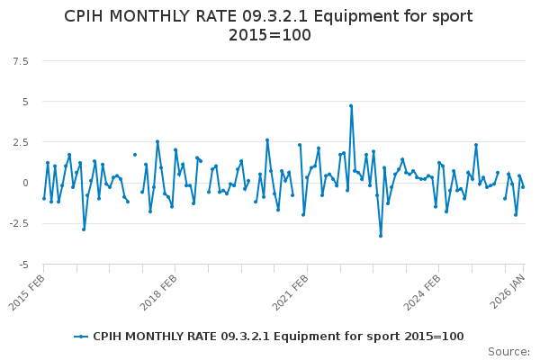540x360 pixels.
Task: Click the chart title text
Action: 269,25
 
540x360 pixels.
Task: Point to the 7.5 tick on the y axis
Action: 20,60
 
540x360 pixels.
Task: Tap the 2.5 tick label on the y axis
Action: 20,142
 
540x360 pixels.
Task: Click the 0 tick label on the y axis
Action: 25,183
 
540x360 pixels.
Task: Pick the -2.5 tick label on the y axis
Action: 18,224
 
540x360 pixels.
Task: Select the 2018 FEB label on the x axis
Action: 157,290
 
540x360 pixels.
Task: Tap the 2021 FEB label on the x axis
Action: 290,290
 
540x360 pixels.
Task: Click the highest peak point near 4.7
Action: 351,106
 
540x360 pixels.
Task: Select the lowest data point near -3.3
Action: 381,236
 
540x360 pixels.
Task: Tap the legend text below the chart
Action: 278,337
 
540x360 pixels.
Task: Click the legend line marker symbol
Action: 82,337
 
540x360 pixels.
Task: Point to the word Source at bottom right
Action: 508,351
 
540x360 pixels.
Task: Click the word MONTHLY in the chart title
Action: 157,16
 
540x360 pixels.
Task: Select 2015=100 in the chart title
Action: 269,35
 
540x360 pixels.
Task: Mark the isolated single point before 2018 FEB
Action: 135,155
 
